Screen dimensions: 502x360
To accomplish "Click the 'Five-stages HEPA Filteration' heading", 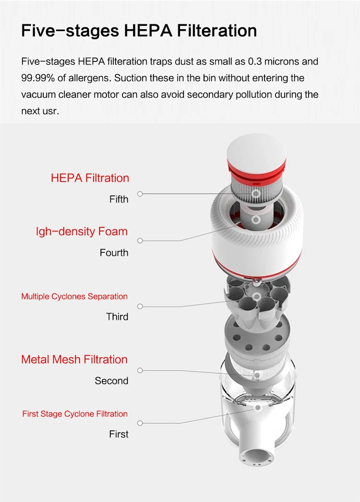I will [139, 31].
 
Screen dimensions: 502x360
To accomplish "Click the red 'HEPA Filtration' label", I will [90, 178].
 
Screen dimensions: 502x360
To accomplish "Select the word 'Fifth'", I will [119, 199].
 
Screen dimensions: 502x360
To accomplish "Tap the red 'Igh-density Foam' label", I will [82, 231].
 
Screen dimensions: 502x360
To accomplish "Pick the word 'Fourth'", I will [114, 252].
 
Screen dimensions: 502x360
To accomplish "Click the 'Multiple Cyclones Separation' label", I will [74, 297].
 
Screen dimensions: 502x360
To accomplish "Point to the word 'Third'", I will [117, 317].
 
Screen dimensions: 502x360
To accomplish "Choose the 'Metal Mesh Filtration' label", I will [74, 359].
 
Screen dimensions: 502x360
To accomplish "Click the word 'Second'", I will [111, 381].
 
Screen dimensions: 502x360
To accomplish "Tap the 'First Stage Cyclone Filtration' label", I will [75, 414].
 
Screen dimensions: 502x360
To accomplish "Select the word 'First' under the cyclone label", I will [119, 434].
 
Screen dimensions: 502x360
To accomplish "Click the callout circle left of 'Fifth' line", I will [140, 194].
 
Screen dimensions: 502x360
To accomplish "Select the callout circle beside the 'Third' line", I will [140, 306].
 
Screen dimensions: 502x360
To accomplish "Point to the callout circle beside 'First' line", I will [140, 423].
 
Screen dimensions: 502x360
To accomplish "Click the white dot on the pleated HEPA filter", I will [256, 194].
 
